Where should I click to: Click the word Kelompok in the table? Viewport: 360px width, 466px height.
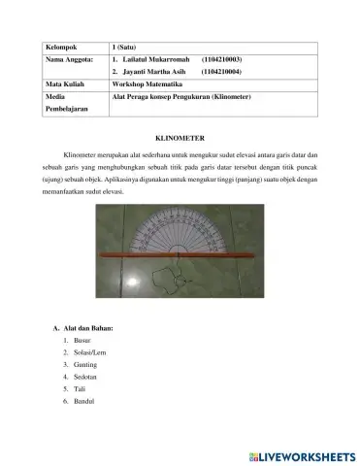click(x=61, y=47)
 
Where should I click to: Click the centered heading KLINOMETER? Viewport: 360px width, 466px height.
click(x=180, y=140)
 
